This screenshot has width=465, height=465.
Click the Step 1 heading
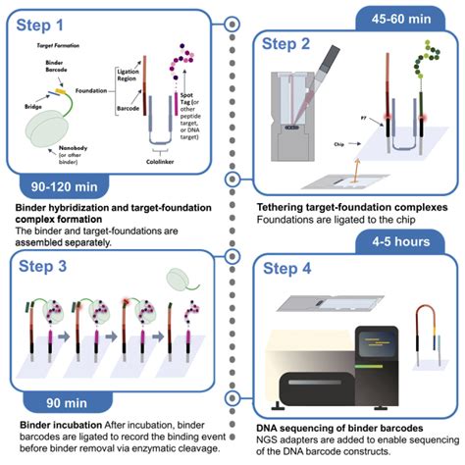[x=49, y=22]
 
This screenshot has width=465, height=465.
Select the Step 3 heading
[x=49, y=268]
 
